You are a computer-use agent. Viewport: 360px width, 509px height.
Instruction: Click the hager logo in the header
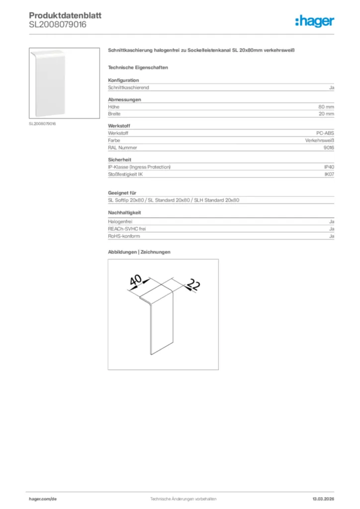tap(314, 21)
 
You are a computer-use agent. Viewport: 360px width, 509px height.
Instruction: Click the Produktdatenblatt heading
tap(65, 16)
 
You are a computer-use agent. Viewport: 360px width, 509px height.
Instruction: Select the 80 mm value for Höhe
tap(326, 107)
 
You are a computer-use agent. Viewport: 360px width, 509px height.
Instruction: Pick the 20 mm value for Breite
tap(326, 114)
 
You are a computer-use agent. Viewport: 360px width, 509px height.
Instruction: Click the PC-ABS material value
tap(325, 134)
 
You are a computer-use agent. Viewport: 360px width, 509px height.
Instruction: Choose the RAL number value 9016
tap(329, 148)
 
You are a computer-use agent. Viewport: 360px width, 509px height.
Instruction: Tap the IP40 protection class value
tap(329, 167)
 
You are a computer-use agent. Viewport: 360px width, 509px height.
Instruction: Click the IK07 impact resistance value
tap(329, 174)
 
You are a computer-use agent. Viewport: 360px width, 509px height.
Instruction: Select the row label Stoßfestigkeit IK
tap(126, 174)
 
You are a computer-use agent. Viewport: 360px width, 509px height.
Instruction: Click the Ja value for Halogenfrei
tap(332, 221)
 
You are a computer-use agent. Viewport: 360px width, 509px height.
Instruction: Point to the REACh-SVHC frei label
tap(127, 229)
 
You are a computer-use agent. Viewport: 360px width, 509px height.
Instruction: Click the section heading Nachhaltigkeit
tap(124, 213)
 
